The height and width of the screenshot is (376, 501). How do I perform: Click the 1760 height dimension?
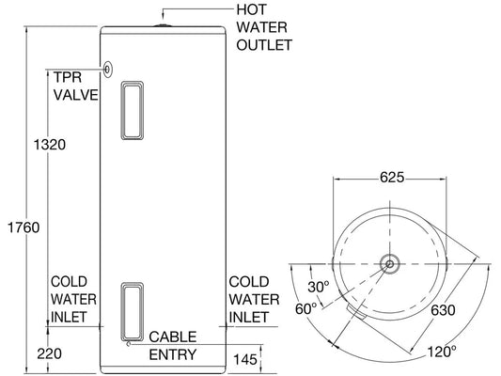[20, 227]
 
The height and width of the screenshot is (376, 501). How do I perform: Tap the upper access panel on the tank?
[133, 111]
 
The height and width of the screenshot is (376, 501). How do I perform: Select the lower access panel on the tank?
[133, 307]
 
